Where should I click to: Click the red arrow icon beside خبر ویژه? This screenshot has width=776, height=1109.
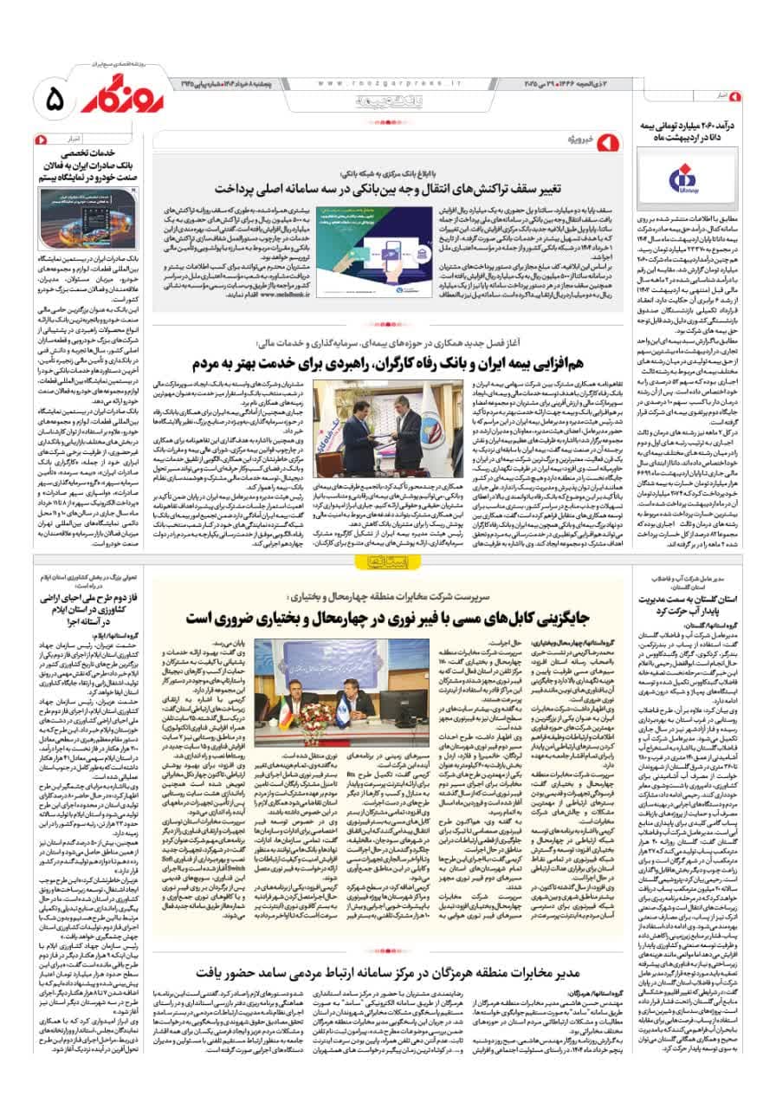pyautogui.click(x=607, y=139)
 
